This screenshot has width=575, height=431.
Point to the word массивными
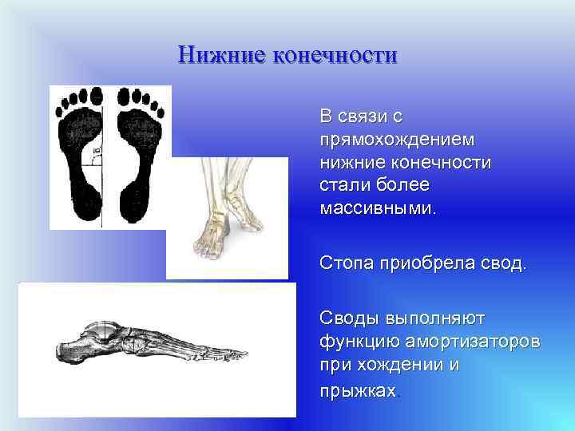379,208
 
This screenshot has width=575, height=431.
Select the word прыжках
357,391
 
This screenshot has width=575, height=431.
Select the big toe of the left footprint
95,97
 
